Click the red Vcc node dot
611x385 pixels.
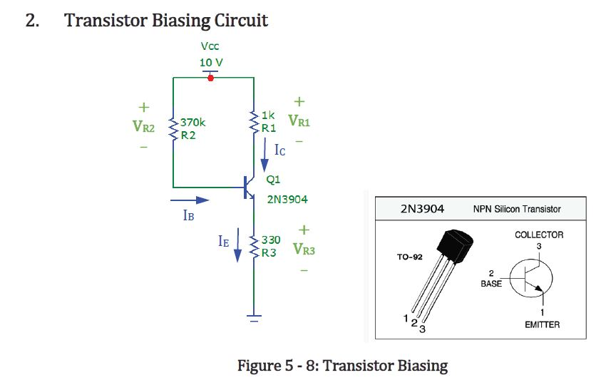(x=210, y=77)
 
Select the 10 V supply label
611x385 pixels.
(x=211, y=63)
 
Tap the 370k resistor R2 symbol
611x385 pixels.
(x=173, y=129)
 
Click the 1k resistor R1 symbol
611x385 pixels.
(x=254, y=121)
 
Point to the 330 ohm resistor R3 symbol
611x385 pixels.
(x=254, y=246)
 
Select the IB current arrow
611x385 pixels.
(x=190, y=200)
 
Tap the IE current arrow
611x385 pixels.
(x=238, y=246)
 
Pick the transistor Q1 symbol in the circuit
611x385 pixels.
(x=247, y=188)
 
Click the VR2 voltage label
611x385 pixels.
(x=143, y=126)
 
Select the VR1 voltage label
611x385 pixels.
(x=299, y=121)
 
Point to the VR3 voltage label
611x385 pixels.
(x=304, y=250)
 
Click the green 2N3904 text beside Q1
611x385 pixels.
(x=287, y=199)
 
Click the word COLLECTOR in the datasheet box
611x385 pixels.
(x=538, y=235)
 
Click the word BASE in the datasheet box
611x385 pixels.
(x=491, y=283)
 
